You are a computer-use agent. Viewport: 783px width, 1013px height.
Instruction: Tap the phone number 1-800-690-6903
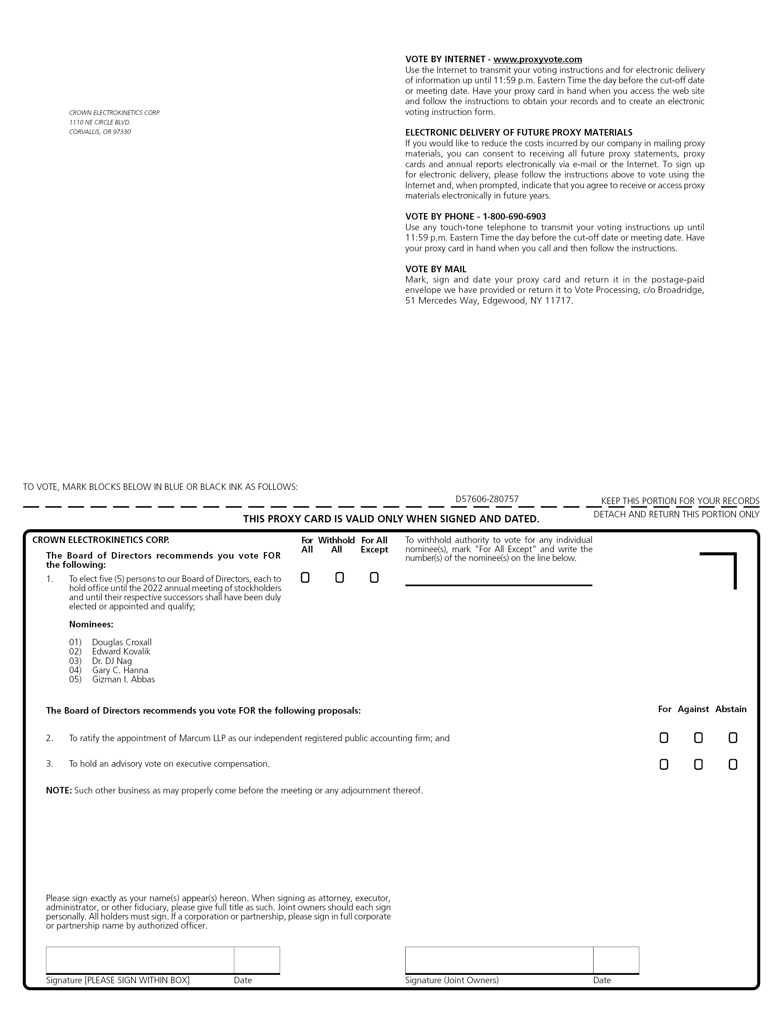point(514,216)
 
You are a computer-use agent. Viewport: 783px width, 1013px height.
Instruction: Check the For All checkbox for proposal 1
point(305,577)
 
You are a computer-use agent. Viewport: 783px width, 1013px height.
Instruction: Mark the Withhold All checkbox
point(340,577)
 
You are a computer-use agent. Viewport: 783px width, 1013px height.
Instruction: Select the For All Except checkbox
point(374,577)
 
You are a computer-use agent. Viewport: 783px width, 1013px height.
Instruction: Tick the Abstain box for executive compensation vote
point(733,764)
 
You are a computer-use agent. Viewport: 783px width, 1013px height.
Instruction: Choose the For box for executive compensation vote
point(664,764)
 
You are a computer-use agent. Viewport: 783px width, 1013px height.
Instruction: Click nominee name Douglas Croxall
point(121,642)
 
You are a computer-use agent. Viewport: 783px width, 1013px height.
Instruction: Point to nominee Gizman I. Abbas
point(123,680)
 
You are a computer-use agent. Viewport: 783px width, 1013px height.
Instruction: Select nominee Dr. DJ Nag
point(112,661)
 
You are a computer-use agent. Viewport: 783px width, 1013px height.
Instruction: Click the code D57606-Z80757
point(487,499)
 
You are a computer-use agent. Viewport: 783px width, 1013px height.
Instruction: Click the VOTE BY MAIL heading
point(435,269)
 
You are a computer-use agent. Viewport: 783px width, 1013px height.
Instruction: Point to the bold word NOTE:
point(58,790)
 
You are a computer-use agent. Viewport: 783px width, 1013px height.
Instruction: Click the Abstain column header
point(731,709)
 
